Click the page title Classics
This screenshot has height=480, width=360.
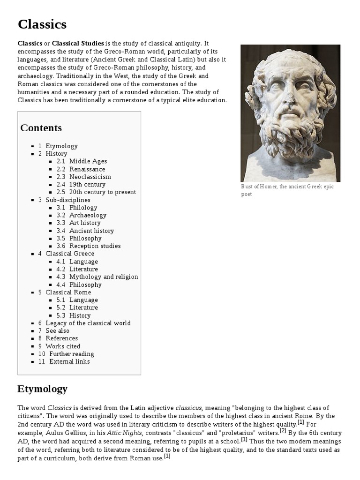pos(42,24)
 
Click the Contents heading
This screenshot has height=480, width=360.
pos(41,128)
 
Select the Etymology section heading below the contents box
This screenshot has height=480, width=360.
pos(43,389)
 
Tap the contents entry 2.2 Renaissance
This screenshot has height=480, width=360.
pos(87,169)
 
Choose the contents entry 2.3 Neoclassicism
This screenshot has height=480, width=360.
pos(90,177)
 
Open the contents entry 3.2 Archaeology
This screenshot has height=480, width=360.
pos(88,215)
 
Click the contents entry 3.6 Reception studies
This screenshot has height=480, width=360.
pos(95,246)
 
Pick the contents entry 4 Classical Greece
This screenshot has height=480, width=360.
pos(69,254)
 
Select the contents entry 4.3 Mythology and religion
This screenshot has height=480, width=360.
pos(103,277)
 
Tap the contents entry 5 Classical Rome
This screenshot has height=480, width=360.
pos(68,292)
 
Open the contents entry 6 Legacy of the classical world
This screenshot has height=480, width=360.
pos(88,323)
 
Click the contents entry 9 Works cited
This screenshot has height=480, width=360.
pos(63,346)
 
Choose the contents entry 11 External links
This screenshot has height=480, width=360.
pos(69,361)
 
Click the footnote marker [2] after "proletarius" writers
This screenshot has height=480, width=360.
pos(283,430)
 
